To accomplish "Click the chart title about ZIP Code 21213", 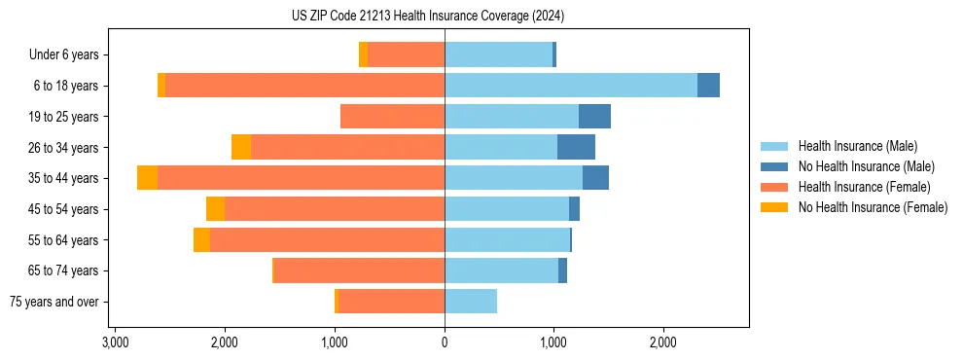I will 427,17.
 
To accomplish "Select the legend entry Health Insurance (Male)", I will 857,146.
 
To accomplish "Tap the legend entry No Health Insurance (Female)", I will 873,207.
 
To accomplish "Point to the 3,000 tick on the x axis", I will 115,342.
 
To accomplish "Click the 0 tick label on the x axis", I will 445,342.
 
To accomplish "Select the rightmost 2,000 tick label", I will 663,342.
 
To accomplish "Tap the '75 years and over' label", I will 55,302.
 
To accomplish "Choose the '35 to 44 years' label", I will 65,178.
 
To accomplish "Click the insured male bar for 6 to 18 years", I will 571,86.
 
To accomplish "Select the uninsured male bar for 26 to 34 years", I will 576,147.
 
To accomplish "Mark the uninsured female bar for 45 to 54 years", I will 215,209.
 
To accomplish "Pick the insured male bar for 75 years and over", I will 471,302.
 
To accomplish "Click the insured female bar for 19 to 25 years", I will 392,117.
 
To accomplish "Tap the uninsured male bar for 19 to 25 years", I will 594,117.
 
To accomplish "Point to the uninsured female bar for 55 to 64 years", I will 201,240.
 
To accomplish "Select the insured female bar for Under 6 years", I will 407,55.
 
